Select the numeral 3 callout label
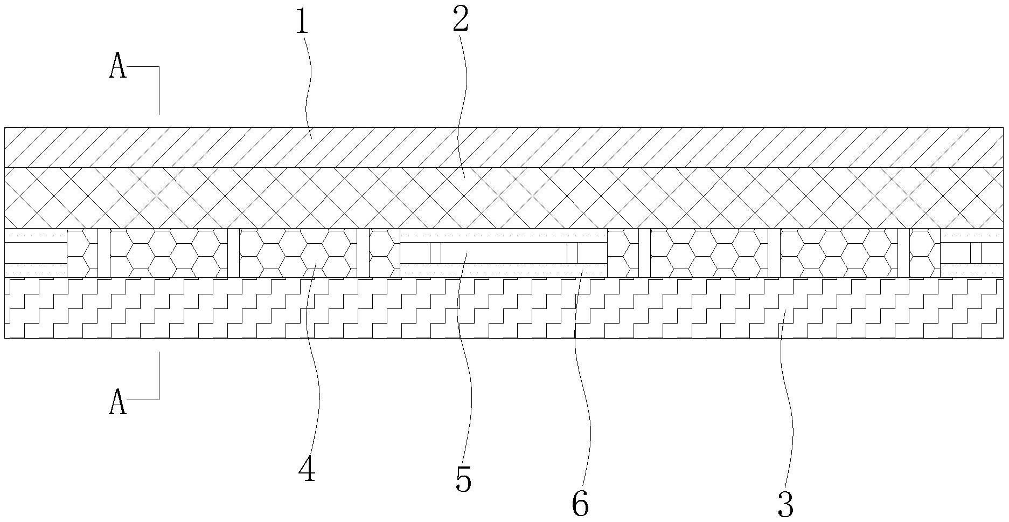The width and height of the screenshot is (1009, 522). click(786, 505)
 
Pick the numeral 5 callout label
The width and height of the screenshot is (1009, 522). click(463, 479)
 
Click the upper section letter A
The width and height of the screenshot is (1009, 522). click(118, 68)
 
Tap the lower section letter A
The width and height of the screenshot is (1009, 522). click(118, 403)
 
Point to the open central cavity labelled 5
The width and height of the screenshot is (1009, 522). click(504, 253)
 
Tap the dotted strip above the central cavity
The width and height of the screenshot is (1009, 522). click(504, 235)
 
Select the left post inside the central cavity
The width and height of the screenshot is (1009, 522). click(435, 253)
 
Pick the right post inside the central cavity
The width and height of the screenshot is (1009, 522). click(572, 253)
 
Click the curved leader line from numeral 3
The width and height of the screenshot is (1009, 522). click(790, 410)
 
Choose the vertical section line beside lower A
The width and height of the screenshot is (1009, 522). click(159, 375)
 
